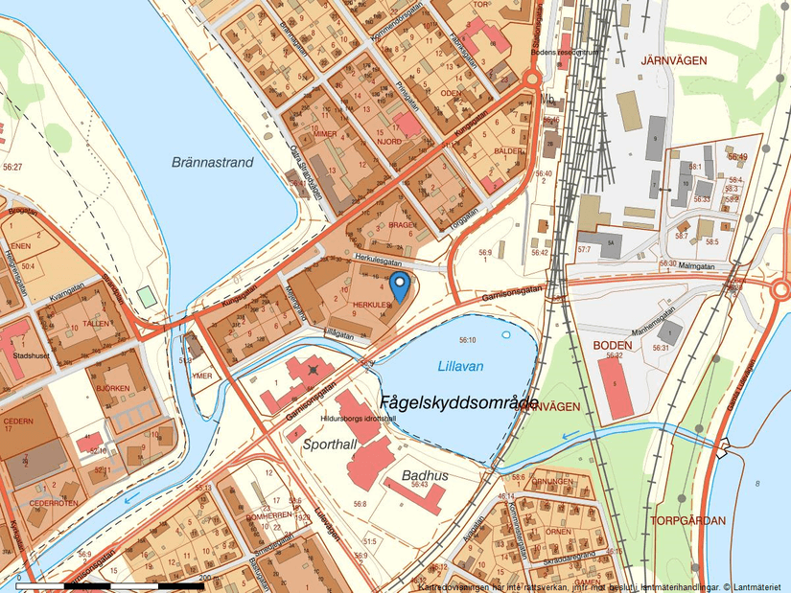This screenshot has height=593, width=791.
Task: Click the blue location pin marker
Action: coord(400,285)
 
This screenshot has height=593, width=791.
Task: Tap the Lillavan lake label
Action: coord(460,366)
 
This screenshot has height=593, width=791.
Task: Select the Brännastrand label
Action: coord(213,163)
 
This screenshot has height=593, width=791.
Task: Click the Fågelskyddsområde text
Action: coord(458,402)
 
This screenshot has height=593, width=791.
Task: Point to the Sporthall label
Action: coord(329,445)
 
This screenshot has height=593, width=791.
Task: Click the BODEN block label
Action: coord(612,345)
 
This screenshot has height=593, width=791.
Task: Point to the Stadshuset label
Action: coord(31,354)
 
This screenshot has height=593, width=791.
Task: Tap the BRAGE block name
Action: coord(401,224)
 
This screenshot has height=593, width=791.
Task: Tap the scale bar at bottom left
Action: coord(110,584)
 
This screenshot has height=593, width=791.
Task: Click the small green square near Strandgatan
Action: coord(146,296)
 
